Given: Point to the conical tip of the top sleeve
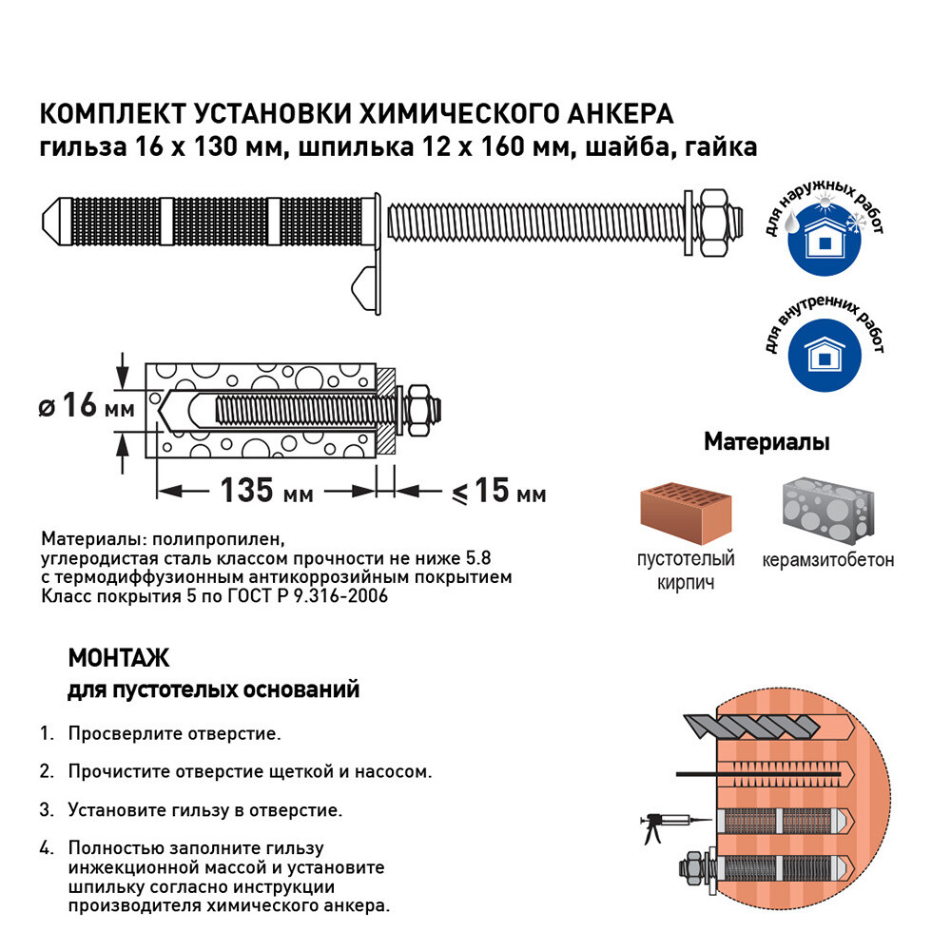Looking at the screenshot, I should pos(54,218).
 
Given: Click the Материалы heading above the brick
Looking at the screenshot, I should pos(767,442).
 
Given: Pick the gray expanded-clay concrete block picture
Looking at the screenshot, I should pos(827,510).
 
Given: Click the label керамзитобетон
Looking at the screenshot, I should pos(827,559).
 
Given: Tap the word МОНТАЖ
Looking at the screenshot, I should pos(118,658).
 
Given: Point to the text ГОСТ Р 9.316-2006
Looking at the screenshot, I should pos(307,596).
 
